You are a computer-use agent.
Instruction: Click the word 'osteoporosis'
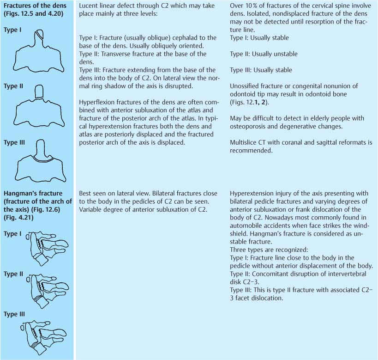(249, 126)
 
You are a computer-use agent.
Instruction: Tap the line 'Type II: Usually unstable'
(264, 54)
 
